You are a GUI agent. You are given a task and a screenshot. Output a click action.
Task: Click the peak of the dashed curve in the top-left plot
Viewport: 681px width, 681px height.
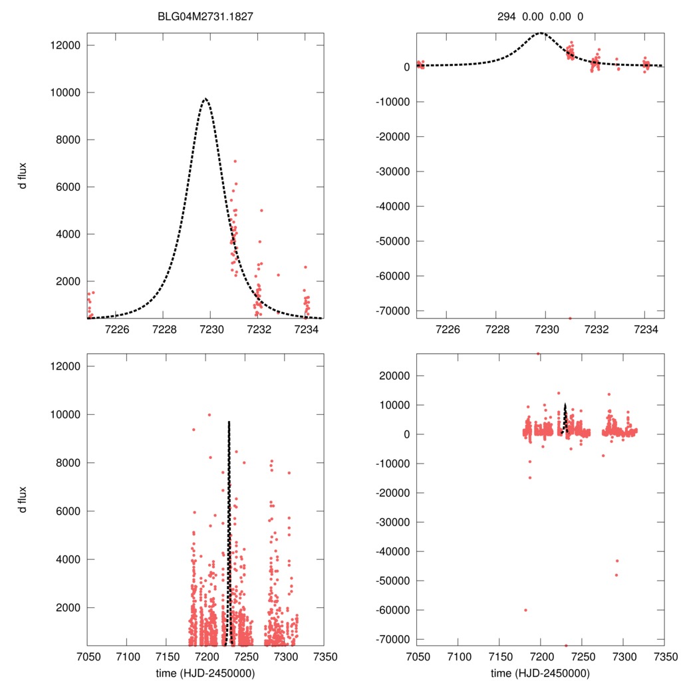click(x=205, y=98)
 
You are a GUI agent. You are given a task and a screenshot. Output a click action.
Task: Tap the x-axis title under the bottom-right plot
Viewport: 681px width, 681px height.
click(x=540, y=672)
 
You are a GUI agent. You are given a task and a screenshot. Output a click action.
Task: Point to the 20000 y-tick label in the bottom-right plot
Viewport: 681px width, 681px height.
click(x=394, y=376)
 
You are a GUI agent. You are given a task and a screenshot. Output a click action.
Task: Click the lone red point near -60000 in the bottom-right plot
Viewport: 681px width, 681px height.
click(x=525, y=610)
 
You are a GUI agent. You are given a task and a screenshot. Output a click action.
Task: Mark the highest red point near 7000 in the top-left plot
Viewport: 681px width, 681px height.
click(x=235, y=161)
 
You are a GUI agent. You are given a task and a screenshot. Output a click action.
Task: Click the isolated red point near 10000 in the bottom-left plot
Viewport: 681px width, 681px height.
click(x=209, y=414)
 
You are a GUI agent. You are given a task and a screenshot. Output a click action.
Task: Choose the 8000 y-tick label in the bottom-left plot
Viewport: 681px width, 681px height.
click(x=67, y=462)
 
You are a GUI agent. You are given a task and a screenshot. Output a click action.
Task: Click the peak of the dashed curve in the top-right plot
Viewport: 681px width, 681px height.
click(x=541, y=32)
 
